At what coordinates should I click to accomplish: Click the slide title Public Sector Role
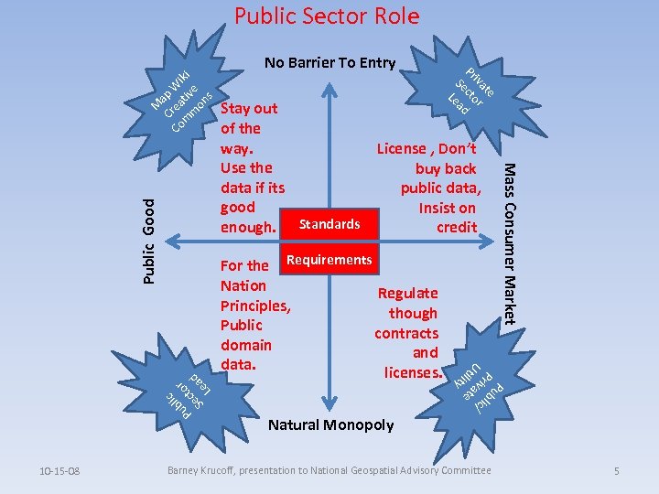coord(327,16)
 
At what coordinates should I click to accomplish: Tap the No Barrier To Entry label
coord(329,63)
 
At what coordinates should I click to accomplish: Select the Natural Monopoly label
coord(330,424)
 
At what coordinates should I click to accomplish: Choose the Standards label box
coord(329,224)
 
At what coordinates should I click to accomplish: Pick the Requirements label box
coord(329,260)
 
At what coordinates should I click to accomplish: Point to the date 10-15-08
coord(59,471)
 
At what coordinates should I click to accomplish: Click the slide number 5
coord(617,471)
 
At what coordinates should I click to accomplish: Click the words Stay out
coord(249,109)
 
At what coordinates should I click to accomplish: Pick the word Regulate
coord(408,293)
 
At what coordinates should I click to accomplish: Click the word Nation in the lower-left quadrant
coord(243,285)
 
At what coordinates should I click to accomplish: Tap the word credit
coord(457,227)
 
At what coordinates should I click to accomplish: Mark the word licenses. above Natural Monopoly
coord(413,372)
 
